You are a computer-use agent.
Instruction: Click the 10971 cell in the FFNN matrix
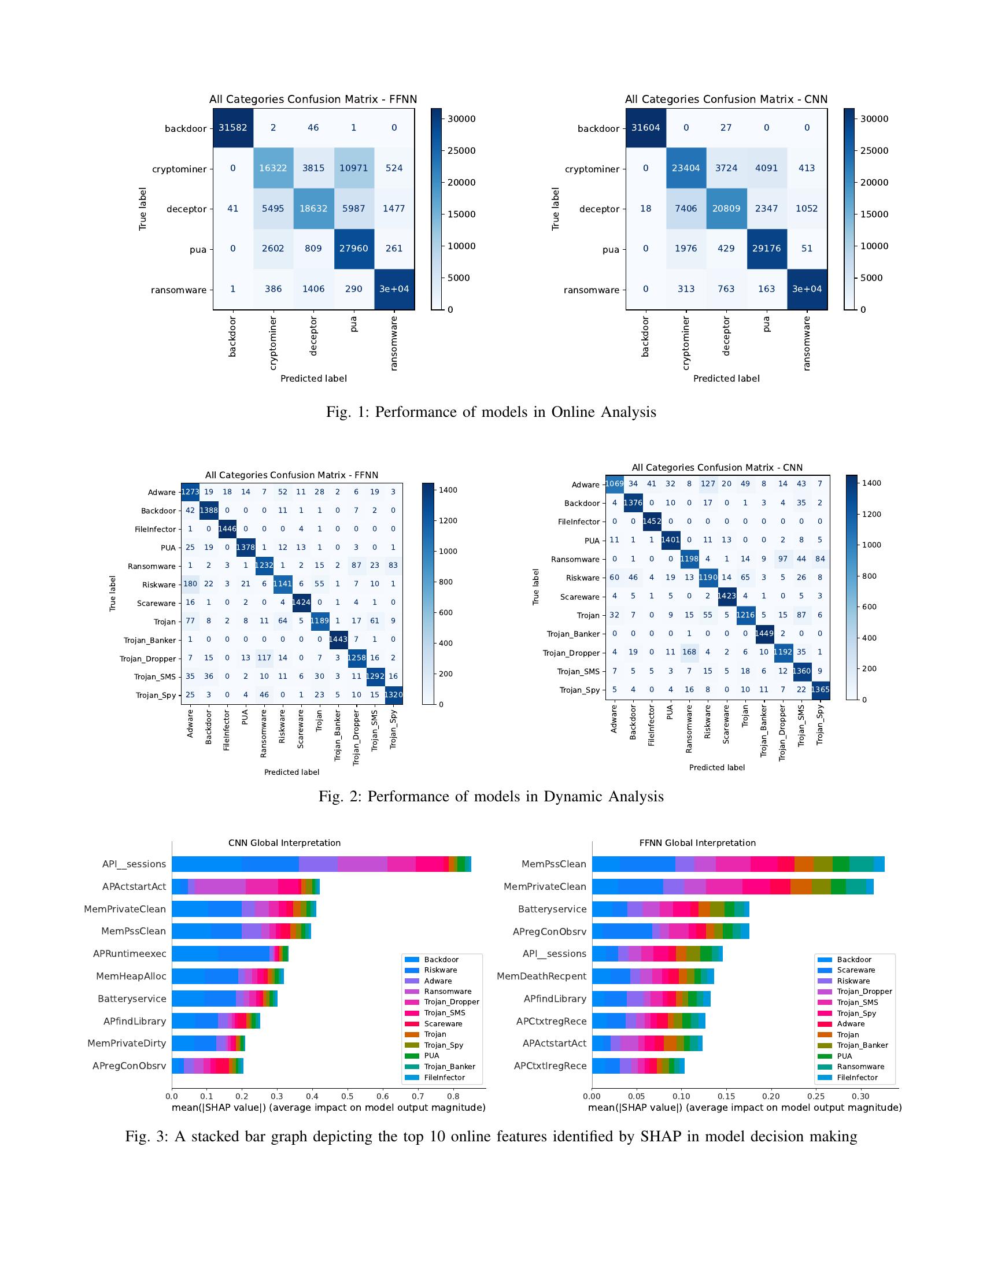(x=353, y=168)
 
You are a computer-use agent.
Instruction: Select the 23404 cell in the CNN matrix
(x=685, y=168)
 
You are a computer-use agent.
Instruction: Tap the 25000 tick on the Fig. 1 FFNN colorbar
(x=461, y=150)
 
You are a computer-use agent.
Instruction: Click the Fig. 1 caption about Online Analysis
(x=491, y=412)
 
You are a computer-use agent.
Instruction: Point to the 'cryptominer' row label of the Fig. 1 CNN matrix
(x=592, y=169)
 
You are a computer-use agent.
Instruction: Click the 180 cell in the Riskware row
(x=190, y=583)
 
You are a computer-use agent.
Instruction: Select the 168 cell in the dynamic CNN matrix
(x=689, y=652)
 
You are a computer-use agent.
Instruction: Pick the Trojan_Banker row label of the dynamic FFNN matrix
(x=150, y=640)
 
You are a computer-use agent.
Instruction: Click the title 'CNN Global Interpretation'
(x=284, y=843)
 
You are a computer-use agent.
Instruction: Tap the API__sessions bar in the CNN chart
(x=320, y=864)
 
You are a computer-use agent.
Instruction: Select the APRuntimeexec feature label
(x=130, y=953)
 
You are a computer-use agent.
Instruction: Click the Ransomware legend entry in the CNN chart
(x=447, y=991)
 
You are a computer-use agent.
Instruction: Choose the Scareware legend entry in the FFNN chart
(x=855, y=970)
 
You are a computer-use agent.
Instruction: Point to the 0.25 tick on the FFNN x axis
(x=816, y=1096)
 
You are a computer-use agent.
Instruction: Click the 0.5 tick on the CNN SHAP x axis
(x=347, y=1096)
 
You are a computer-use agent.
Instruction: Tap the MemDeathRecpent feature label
(x=541, y=976)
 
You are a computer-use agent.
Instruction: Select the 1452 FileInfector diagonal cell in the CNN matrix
(x=652, y=522)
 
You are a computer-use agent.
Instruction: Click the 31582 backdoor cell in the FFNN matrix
(x=232, y=128)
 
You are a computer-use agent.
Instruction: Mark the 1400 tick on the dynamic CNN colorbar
(x=871, y=483)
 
